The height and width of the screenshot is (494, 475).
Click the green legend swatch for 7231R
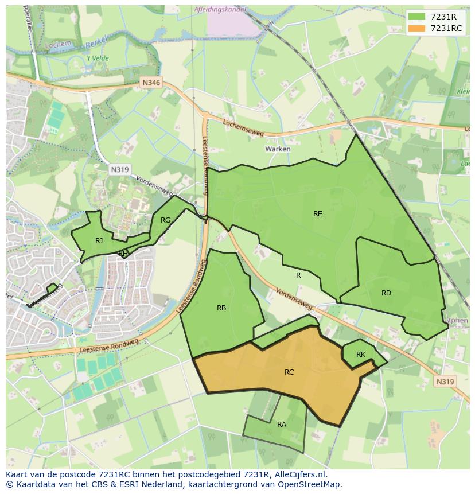[417, 17]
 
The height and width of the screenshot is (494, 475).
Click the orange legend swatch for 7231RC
[417, 28]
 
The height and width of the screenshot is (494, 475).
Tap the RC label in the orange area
[289, 372]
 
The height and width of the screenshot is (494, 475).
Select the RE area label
[317, 214]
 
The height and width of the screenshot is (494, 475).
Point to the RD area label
[386, 293]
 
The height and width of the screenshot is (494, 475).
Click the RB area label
[221, 308]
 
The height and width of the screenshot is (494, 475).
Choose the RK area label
[360, 355]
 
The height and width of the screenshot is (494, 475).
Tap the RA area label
[282, 425]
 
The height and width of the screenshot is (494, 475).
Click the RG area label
[165, 220]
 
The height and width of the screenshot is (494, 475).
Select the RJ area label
[99, 241]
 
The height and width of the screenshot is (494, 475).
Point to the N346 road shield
[151, 83]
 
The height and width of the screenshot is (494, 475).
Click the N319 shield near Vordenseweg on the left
[119, 169]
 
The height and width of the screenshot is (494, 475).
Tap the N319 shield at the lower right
[445, 382]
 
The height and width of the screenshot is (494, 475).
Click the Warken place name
[278, 149]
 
